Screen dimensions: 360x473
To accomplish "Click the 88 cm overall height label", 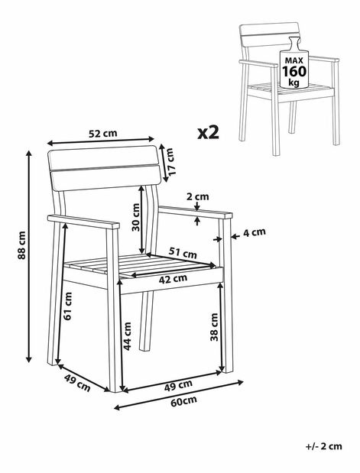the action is (21, 245).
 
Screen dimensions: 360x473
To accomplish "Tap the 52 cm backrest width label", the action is (103, 133).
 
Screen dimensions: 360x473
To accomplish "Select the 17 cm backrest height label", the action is (170, 161).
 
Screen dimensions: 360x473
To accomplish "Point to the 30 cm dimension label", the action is (136, 217).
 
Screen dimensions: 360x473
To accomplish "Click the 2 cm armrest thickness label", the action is (198, 196).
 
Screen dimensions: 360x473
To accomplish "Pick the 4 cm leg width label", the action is (255, 232).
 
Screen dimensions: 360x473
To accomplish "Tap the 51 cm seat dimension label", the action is (183, 252).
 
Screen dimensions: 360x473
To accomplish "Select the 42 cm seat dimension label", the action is (173, 279).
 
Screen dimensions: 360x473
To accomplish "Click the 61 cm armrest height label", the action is (68, 306).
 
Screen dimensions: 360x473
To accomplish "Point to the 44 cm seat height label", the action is (128, 336).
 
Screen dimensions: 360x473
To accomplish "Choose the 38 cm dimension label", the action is (214, 327).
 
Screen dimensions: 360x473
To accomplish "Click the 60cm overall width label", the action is (183, 401).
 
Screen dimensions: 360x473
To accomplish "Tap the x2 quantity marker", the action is (208, 133).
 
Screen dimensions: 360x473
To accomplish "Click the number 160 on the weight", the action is (294, 72).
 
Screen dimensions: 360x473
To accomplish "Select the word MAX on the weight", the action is (294, 60).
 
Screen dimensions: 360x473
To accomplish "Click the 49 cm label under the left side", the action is (77, 383).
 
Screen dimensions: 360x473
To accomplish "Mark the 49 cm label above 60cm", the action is (178, 386).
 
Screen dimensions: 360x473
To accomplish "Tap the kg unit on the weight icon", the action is (294, 82).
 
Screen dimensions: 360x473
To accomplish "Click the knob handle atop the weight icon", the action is (294, 43).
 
